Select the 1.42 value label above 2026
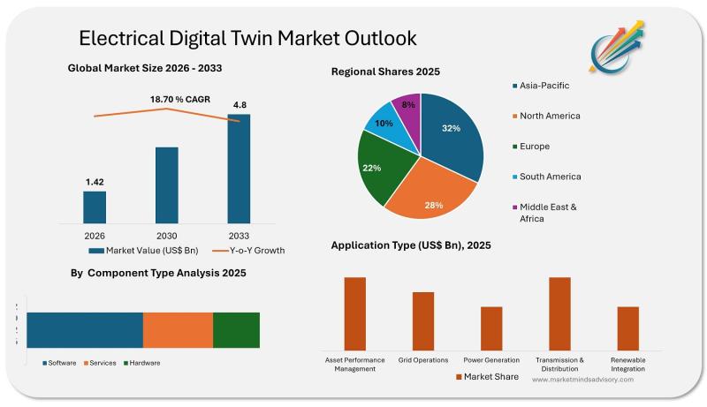point(95,182)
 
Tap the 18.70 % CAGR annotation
point(179,99)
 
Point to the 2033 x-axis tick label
point(239,236)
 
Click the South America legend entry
point(550,177)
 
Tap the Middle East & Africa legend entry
point(548,212)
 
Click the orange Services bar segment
point(178,329)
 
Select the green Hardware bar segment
point(236,329)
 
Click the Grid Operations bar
point(423,320)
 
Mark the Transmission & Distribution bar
point(559,313)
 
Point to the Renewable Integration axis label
point(627,364)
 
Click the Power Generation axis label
point(491,360)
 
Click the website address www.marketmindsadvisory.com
point(582,379)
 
